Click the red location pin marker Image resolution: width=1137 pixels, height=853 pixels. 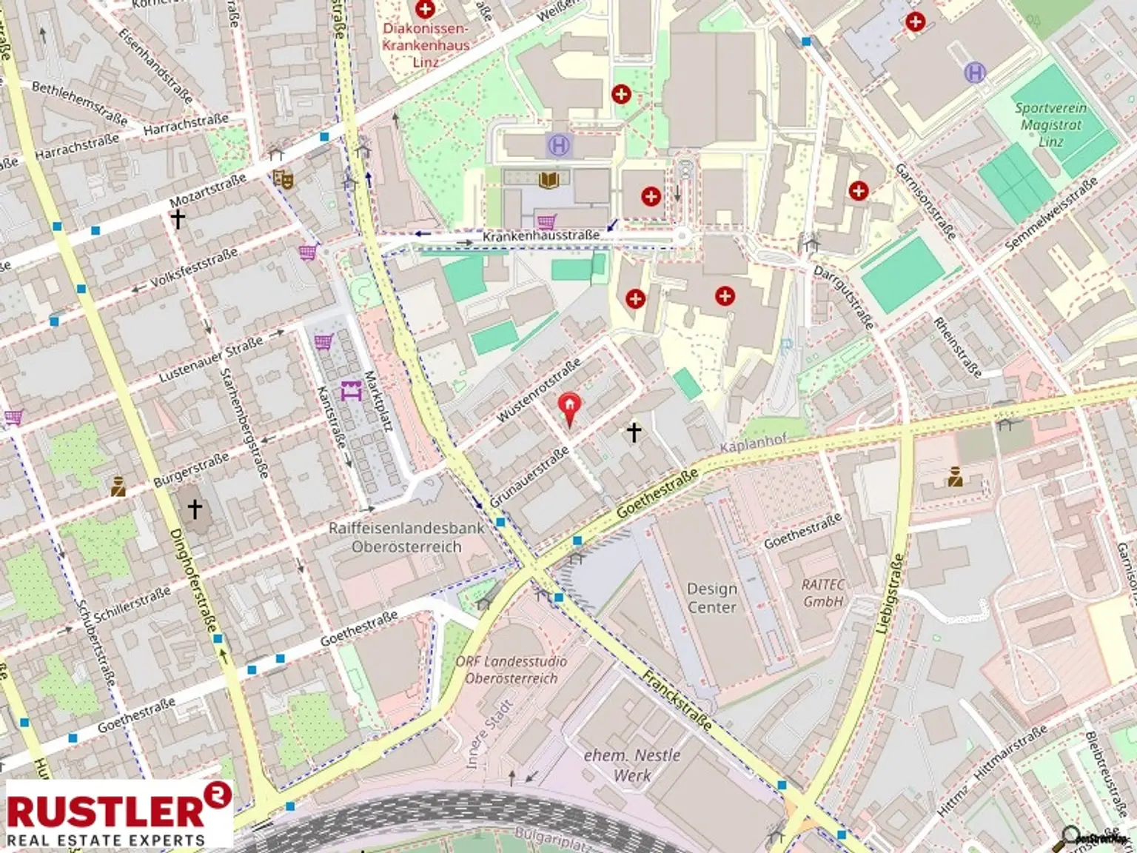click(x=568, y=408)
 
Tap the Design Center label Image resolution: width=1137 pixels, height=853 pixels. click(x=711, y=598)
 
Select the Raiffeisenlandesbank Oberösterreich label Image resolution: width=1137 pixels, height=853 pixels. click(x=406, y=538)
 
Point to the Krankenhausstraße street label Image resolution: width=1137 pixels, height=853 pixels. click(x=541, y=235)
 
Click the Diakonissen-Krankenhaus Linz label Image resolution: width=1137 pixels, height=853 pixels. click(x=426, y=44)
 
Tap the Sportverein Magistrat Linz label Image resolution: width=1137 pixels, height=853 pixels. click(x=1050, y=124)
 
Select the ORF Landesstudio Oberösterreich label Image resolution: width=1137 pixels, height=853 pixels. click(x=511, y=669)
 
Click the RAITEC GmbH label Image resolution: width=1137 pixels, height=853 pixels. click(x=823, y=592)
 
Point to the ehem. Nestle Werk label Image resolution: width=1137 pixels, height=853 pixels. click(x=632, y=765)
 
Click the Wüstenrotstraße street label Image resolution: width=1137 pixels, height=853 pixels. click(x=538, y=391)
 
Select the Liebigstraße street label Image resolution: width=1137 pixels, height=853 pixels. click(x=889, y=592)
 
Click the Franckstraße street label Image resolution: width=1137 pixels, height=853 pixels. click(x=677, y=700)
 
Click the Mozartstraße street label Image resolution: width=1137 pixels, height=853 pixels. click(x=207, y=191)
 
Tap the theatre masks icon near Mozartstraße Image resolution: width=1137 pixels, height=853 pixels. click(x=283, y=178)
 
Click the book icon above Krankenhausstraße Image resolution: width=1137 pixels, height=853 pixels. click(x=549, y=180)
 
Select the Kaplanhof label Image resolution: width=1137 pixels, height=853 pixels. click(x=753, y=443)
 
